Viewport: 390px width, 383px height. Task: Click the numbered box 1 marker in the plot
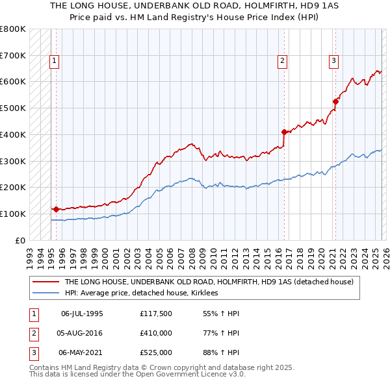pos(54,62)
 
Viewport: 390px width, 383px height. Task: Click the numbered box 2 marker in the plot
pos(283,62)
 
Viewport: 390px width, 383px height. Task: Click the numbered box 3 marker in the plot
pos(333,62)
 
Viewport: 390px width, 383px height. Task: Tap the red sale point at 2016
pos(284,132)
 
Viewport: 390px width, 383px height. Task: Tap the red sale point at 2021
pos(335,101)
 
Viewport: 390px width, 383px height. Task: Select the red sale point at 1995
pos(56,209)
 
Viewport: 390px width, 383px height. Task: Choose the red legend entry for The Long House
pos(208,282)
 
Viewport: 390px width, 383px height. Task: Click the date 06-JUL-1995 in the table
pos(82,314)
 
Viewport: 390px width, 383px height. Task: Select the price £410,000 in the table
pos(155,333)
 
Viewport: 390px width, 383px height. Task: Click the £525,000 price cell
pos(155,352)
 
